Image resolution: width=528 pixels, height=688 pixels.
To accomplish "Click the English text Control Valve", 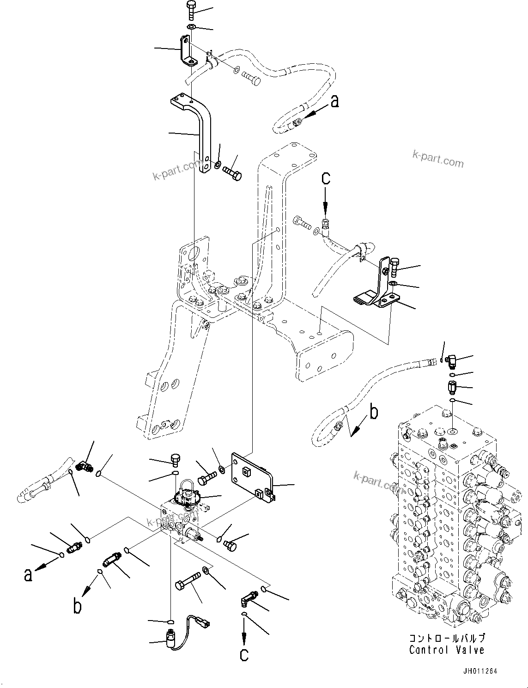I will [x=446, y=650].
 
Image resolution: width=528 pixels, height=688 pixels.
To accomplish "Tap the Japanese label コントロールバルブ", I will [x=446, y=639].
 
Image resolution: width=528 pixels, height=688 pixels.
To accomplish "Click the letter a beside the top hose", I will [x=334, y=101].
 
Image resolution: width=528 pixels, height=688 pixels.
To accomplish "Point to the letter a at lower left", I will [x=29, y=575].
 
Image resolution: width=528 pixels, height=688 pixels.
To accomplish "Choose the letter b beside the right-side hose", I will [x=374, y=412].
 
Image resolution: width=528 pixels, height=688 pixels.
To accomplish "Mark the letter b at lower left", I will [x=78, y=606].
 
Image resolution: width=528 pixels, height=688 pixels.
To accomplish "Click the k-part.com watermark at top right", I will [x=437, y=160].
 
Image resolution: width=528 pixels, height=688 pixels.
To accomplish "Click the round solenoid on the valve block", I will [x=187, y=497].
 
